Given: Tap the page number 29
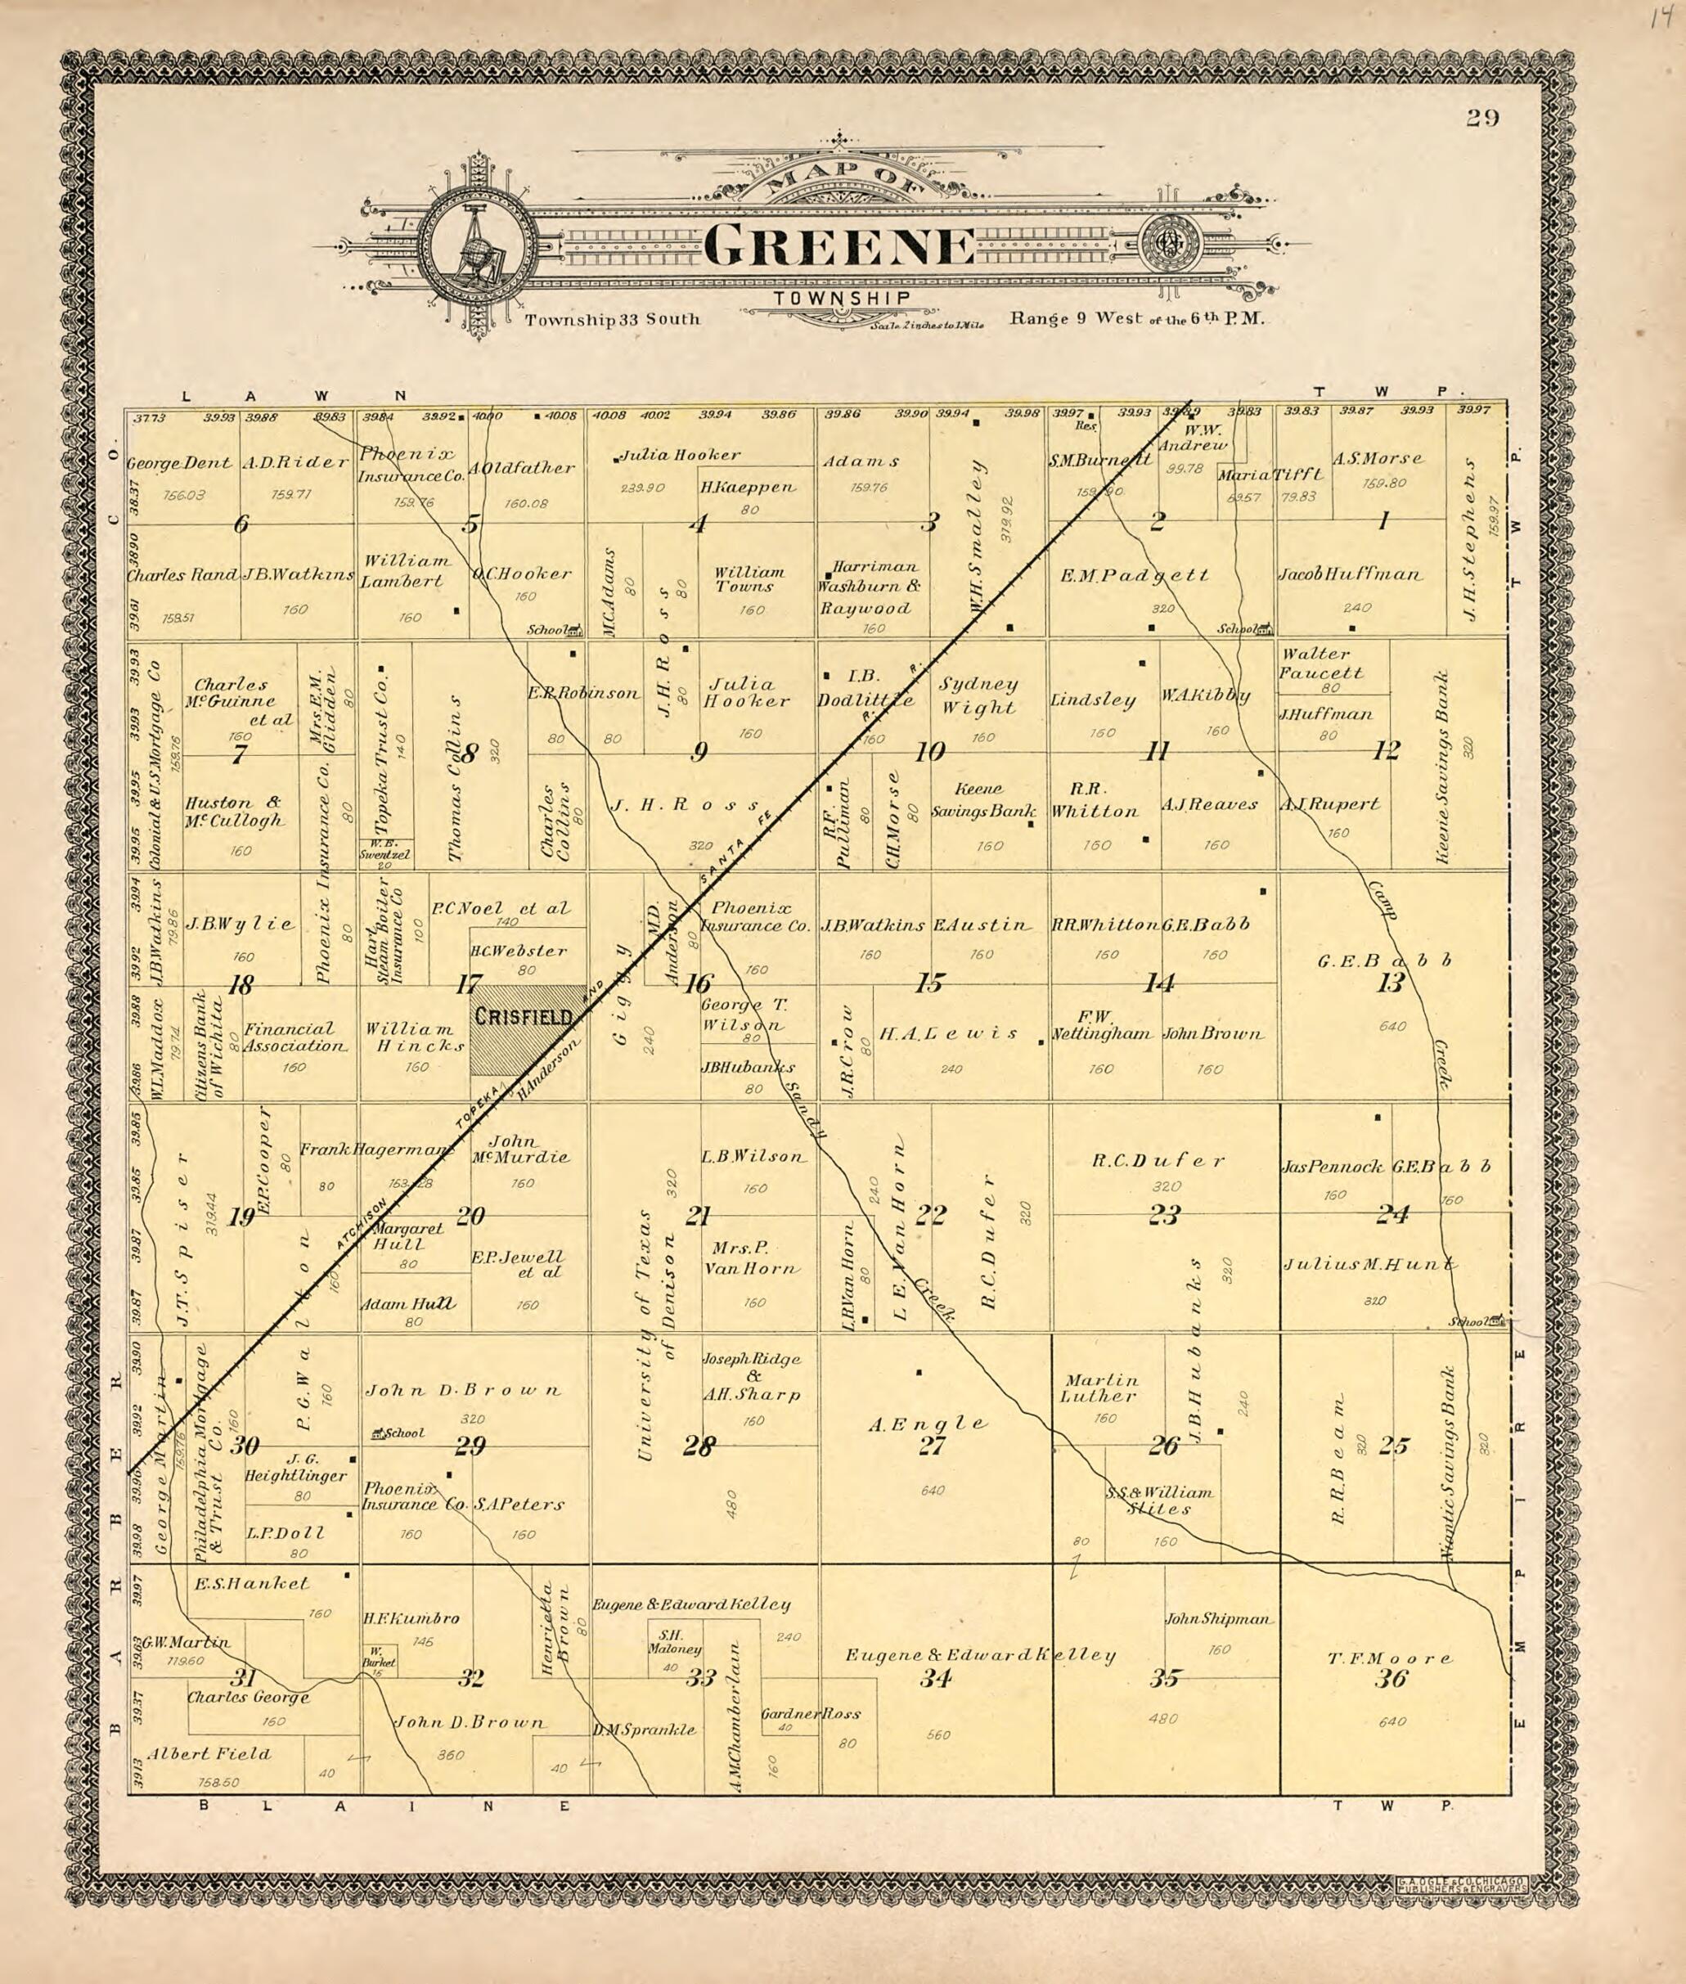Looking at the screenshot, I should pos(1483,118).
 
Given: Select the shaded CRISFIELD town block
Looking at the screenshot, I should pos(528,1042).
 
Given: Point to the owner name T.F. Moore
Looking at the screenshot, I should pos(1390,1658).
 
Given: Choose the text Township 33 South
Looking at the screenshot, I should pos(612,319).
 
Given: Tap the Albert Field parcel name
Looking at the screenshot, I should pos(209,1753).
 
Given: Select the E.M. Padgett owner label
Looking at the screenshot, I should pos(1135,575).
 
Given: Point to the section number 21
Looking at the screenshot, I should pos(698,1216).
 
